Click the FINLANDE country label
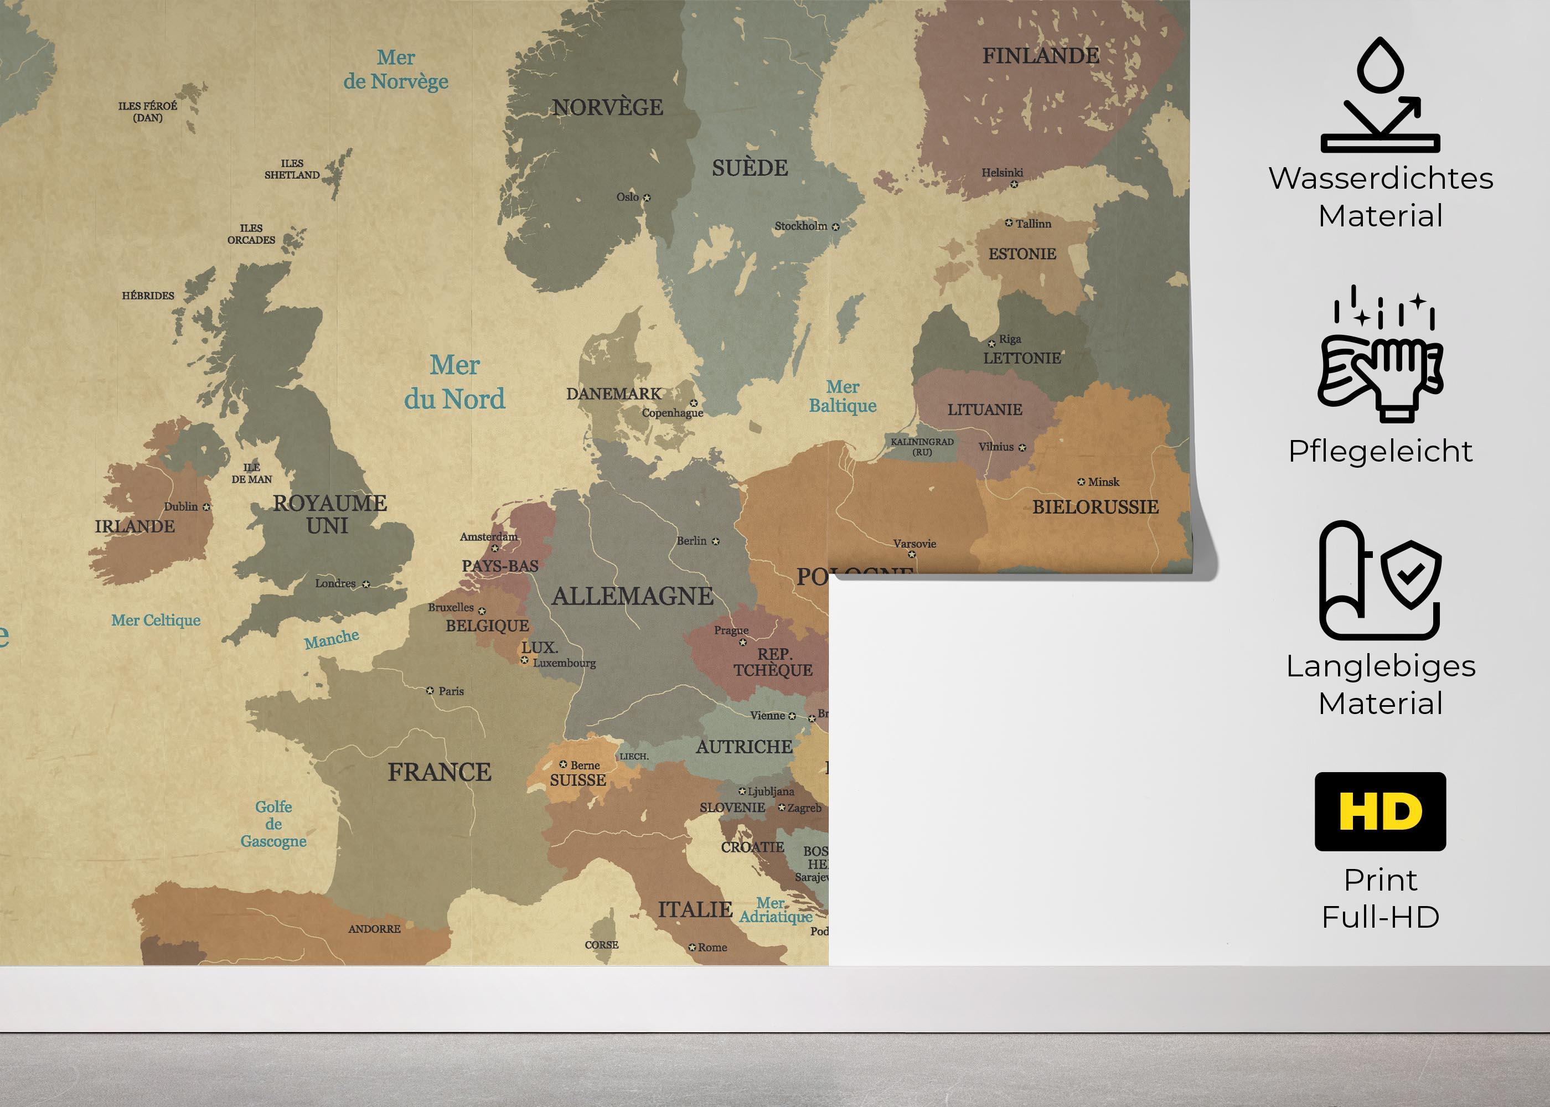[1040, 56]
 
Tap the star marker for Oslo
[647, 198]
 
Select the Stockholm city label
[800, 226]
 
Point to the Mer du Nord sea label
[454, 382]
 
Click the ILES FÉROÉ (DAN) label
[147, 112]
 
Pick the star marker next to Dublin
[206, 507]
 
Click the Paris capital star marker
[430, 691]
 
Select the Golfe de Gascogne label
[273, 824]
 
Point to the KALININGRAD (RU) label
[922, 447]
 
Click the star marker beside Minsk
[1081, 482]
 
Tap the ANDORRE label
[374, 928]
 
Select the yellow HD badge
[1380, 811]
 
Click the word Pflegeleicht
[1380, 451]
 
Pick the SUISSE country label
[577, 780]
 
